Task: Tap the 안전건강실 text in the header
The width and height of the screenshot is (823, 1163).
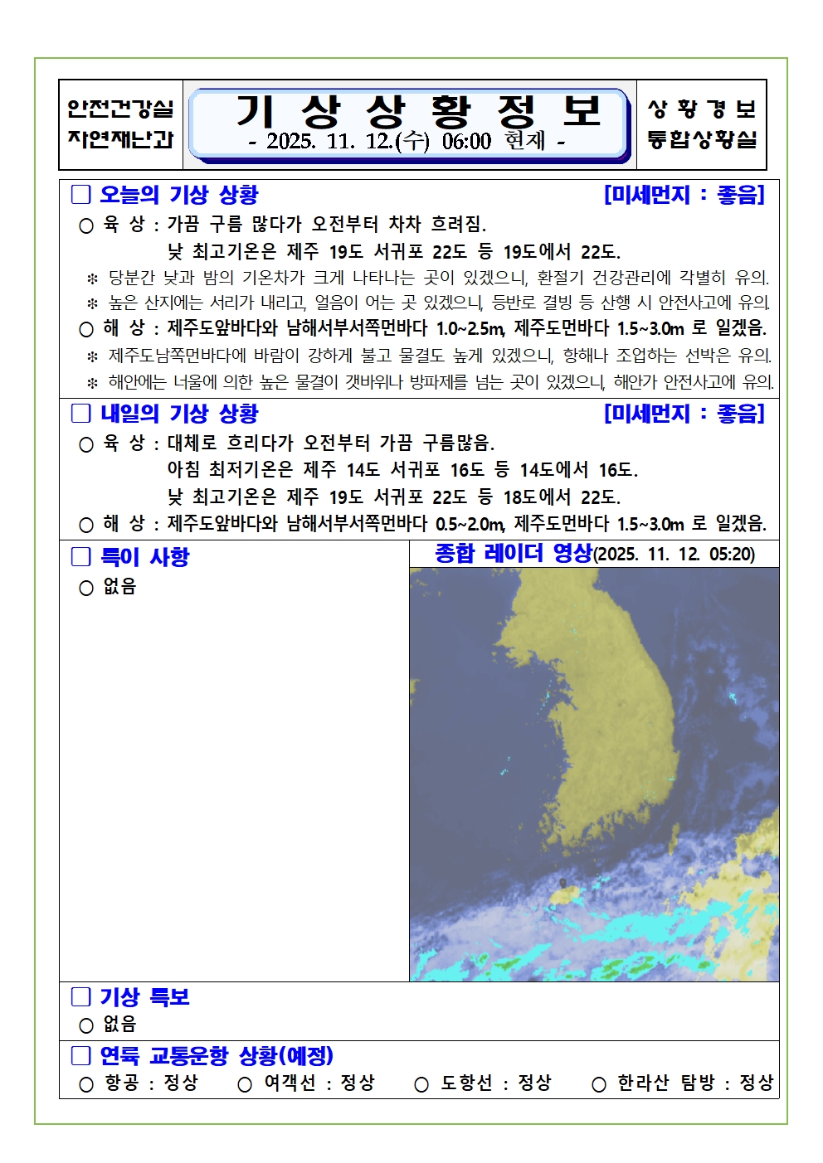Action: [x=120, y=109]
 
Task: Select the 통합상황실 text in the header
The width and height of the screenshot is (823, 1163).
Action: [x=702, y=139]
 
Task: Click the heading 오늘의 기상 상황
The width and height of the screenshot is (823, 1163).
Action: [x=178, y=196]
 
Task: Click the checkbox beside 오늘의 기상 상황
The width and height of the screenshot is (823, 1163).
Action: [x=80, y=195]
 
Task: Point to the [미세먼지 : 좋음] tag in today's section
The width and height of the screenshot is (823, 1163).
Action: [x=684, y=195]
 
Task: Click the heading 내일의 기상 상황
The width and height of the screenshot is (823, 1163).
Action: [x=178, y=414]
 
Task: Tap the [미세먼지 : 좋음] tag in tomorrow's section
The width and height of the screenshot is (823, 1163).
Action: [x=684, y=414]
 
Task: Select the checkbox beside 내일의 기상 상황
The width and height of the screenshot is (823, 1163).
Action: [x=80, y=414]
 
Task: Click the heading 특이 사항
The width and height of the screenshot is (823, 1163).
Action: [x=144, y=557]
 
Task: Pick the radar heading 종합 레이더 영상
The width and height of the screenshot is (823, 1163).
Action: [x=514, y=554]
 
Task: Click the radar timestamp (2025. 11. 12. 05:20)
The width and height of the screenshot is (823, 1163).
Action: [x=674, y=555]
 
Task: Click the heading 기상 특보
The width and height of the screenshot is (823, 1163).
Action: [x=144, y=997]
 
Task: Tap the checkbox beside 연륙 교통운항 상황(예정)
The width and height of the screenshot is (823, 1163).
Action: [x=80, y=1056]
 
